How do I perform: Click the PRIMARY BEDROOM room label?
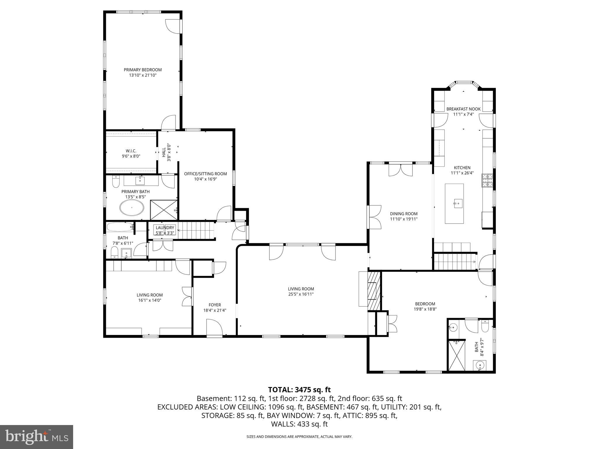(x=142, y=70)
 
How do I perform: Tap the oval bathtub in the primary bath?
(x=132, y=208)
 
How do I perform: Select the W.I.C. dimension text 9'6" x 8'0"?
(x=131, y=156)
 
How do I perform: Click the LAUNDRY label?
(x=165, y=228)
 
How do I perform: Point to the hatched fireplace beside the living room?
(x=374, y=291)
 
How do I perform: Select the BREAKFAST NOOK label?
(x=463, y=109)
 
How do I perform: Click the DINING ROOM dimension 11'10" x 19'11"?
(x=404, y=219)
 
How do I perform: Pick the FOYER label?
(x=215, y=305)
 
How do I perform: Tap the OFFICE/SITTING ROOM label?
(x=205, y=174)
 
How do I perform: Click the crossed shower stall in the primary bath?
(x=163, y=210)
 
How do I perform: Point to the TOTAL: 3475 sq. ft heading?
(x=299, y=390)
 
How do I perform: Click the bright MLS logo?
(x=37, y=437)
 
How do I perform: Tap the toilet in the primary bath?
(x=116, y=182)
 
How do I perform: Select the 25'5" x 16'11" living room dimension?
(x=301, y=294)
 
